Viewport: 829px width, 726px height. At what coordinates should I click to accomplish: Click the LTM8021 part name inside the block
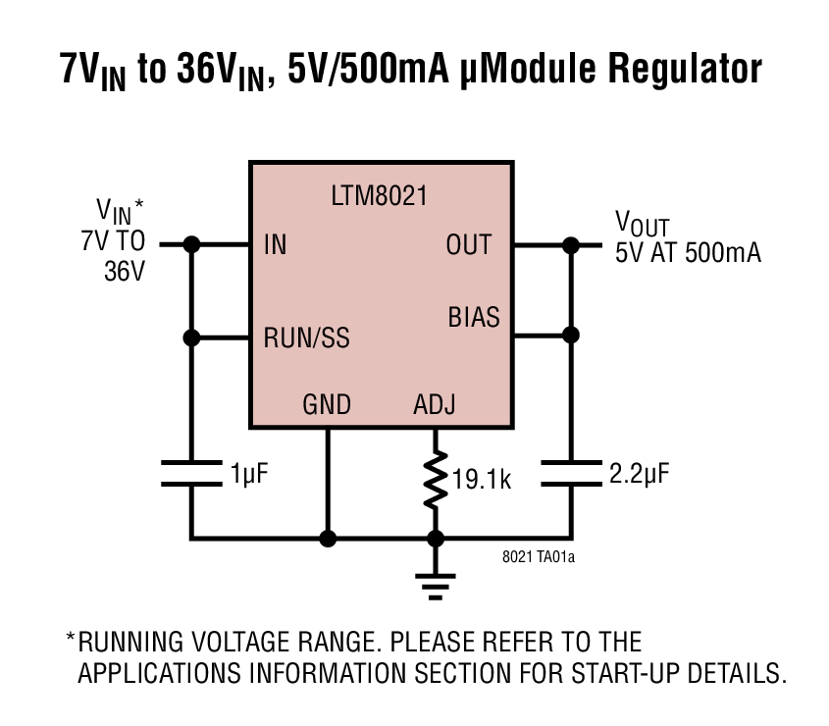coord(379,195)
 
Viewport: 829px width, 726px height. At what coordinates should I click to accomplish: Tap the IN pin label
coord(276,245)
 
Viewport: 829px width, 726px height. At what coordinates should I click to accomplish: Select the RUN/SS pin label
coord(306,338)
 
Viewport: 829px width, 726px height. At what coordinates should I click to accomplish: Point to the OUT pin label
coord(468,245)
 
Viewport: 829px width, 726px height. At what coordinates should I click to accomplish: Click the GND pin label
coord(327,404)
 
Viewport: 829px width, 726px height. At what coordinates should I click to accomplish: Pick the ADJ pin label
coord(435,404)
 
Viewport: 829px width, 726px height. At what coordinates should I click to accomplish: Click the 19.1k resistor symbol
coord(435,480)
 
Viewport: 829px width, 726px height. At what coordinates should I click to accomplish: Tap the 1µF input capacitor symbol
coord(191,473)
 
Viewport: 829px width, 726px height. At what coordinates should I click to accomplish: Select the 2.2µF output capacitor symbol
coord(570,473)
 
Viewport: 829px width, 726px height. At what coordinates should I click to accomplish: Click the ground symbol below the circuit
coord(435,585)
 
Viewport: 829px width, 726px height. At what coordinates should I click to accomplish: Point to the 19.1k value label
coord(484,481)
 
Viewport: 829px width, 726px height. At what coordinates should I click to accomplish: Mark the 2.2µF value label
coord(640,475)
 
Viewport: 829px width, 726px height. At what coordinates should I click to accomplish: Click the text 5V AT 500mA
coord(688,252)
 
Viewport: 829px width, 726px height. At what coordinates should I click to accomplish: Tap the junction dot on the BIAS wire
coord(570,335)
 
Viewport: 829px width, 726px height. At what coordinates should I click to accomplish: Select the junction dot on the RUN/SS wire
coord(191,337)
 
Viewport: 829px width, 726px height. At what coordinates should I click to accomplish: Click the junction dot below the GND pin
coord(328,538)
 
